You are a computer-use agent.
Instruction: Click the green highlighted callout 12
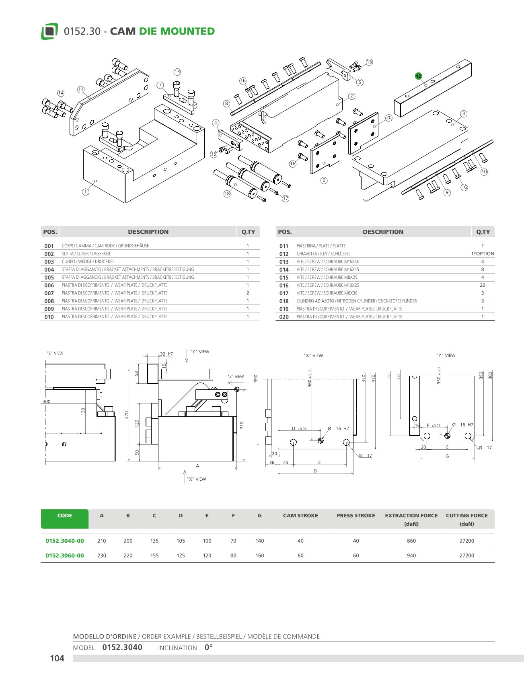[x=418, y=76]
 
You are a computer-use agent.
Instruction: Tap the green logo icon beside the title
[x=49, y=31]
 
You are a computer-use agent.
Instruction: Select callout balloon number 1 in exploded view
[x=86, y=192]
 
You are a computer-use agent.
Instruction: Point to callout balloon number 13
[x=177, y=72]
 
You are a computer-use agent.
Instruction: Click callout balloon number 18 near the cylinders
[x=227, y=193]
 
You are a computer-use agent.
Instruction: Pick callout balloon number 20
[x=388, y=118]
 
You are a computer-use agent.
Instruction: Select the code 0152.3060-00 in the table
[x=65, y=556]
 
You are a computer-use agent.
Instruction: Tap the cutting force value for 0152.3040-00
[x=466, y=541]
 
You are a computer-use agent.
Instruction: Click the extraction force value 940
[x=411, y=556]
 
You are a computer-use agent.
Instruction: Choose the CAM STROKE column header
[x=300, y=516]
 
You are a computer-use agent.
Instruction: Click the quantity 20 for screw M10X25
[x=483, y=285]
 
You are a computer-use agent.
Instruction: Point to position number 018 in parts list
[x=284, y=301]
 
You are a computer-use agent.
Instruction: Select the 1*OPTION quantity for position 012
[x=483, y=254]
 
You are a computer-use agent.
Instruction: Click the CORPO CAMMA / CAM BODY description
[x=105, y=246]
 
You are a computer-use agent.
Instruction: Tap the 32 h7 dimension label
[x=166, y=354]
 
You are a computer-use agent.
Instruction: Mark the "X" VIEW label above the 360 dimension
[x=313, y=356]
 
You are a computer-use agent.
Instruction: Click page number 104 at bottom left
[x=57, y=658]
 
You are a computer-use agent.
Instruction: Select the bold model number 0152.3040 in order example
[x=122, y=647]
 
